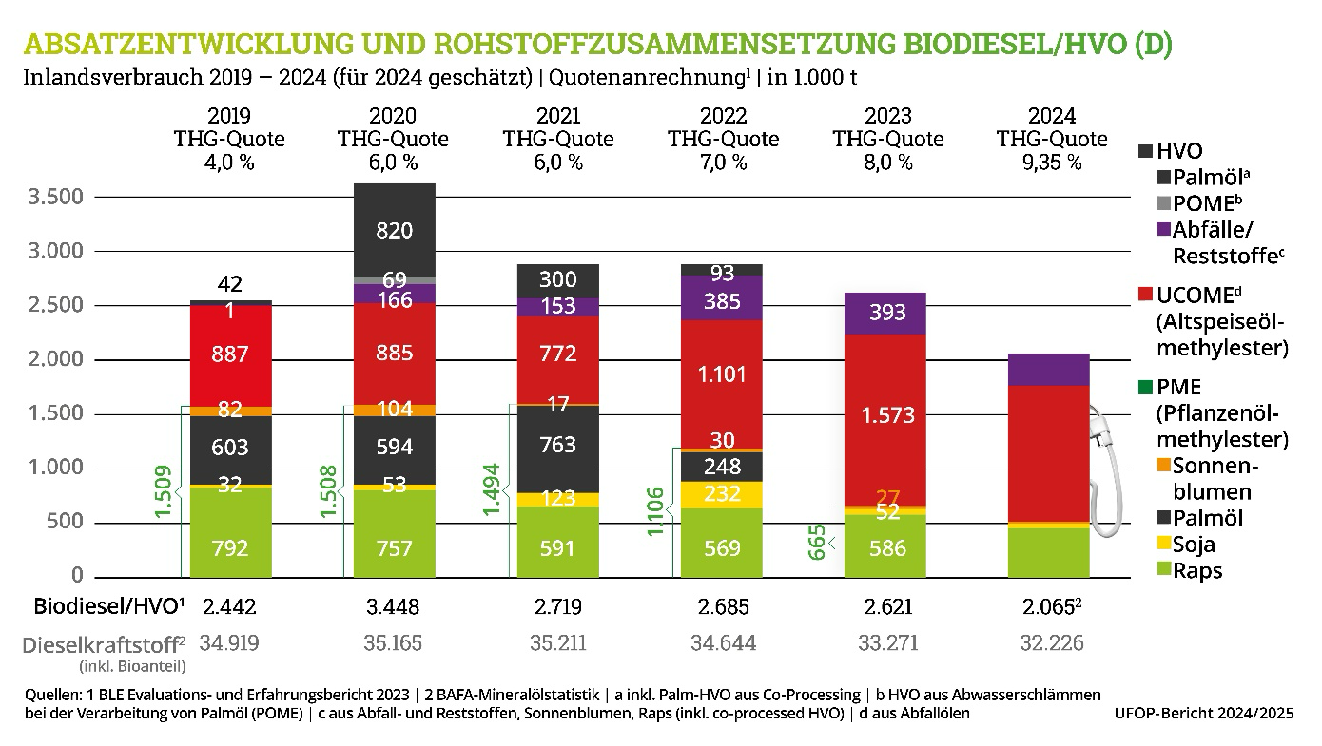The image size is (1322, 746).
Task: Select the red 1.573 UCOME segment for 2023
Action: coord(887,415)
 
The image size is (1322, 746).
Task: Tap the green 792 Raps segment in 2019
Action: coord(230,548)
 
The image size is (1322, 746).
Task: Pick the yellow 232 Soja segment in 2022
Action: coord(722,494)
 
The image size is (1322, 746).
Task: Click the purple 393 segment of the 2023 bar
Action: coord(887,313)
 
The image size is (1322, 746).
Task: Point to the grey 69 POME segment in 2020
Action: coord(394,279)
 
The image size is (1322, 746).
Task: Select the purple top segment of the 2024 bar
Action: coord(1049,369)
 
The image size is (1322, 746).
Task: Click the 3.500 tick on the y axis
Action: coord(56,198)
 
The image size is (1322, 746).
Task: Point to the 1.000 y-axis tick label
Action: coord(56,469)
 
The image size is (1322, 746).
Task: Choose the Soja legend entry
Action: coord(1195,545)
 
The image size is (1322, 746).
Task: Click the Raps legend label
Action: coord(1196,570)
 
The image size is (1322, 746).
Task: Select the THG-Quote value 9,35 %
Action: coord(1052,162)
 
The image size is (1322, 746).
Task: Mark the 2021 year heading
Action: coord(558,116)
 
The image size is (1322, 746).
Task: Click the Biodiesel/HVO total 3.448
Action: coord(394,606)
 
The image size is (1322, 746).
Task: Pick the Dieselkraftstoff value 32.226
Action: coord(1051,643)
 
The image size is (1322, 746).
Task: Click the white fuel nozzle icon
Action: coord(1106,475)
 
